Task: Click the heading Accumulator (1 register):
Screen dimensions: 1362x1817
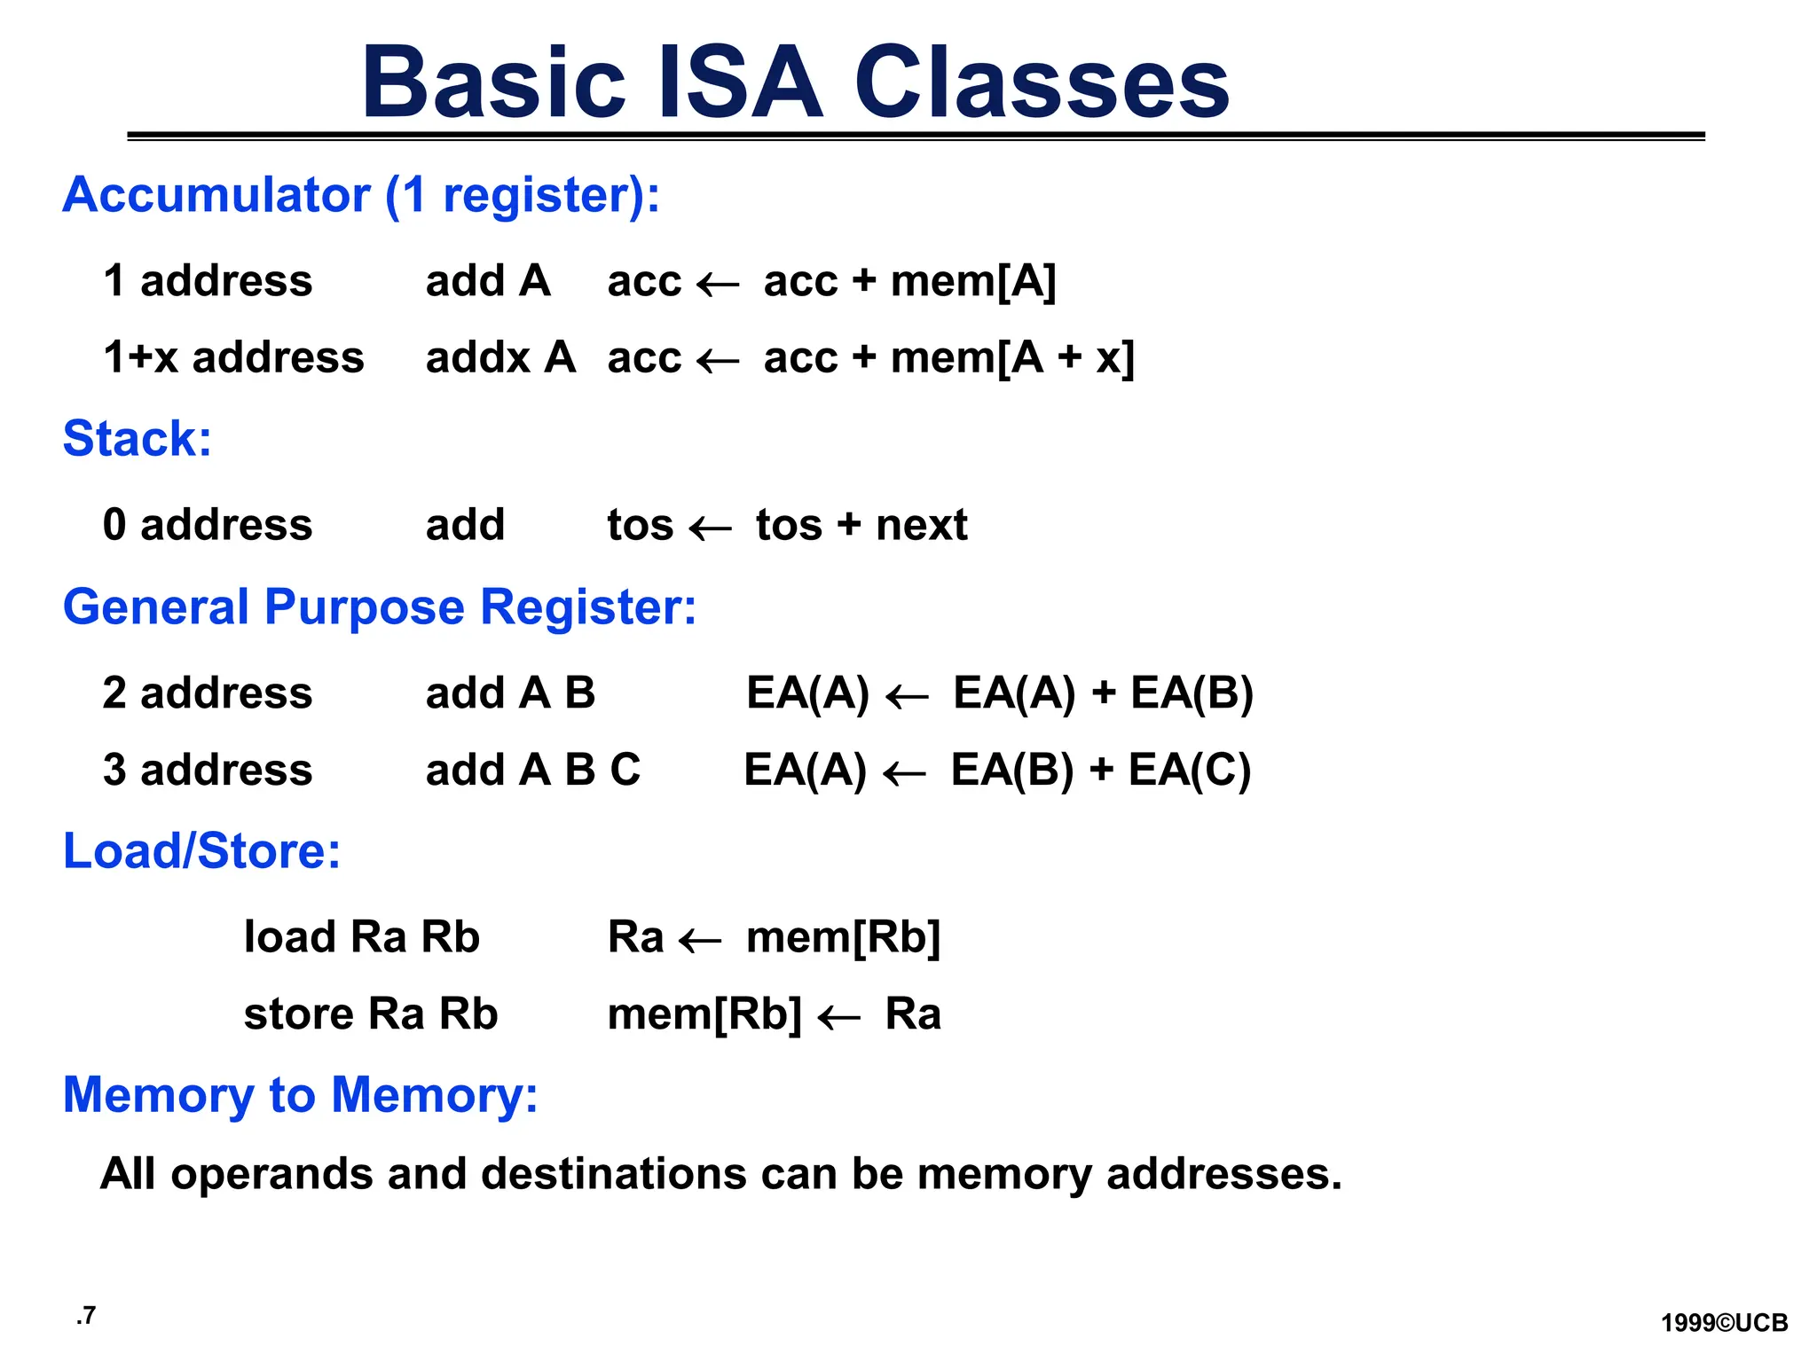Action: pyautogui.click(x=361, y=195)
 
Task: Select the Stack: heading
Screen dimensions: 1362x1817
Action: pyautogui.click(x=137, y=439)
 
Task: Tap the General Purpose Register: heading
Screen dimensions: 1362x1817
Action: pyautogui.click(x=380, y=608)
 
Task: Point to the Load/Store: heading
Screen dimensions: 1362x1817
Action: pyautogui.click(x=201, y=851)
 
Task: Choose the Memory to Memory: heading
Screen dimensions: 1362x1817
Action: pyautogui.click(x=300, y=1095)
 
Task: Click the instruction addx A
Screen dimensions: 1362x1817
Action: pyautogui.click(x=500, y=358)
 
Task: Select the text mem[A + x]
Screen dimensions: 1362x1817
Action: pyautogui.click(x=1012, y=358)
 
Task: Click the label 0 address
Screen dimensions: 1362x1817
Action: pyautogui.click(x=208, y=525)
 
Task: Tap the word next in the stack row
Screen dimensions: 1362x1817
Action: pyautogui.click(x=921, y=525)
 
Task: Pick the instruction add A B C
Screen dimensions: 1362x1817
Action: pyautogui.click(x=532, y=770)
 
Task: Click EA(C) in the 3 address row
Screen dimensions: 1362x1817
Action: pyautogui.click(x=1189, y=770)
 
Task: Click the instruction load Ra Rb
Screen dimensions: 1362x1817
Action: pyautogui.click(x=361, y=937)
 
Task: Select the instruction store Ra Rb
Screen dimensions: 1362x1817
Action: pyautogui.click(x=370, y=1014)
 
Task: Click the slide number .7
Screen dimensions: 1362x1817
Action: pyautogui.click(x=86, y=1316)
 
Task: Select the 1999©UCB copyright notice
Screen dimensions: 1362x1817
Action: pyautogui.click(x=1724, y=1324)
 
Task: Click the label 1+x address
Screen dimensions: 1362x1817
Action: pyautogui.click(x=233, y=358)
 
